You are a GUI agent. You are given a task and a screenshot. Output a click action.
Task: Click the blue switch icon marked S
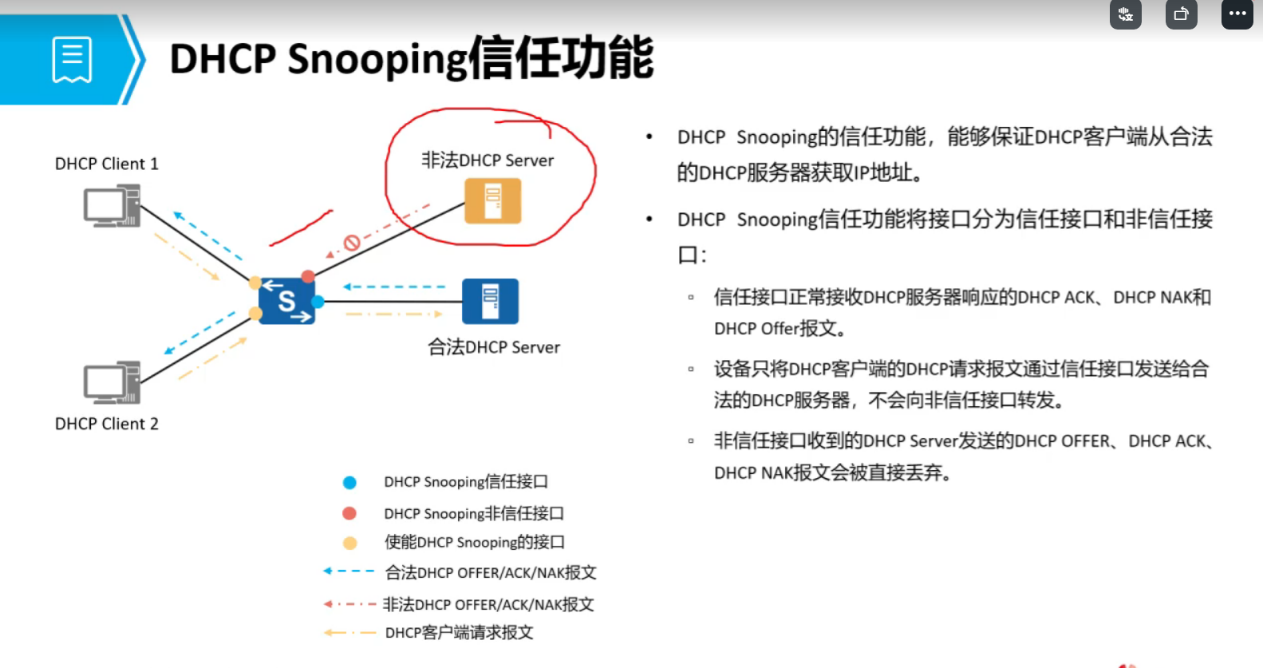point(286,301)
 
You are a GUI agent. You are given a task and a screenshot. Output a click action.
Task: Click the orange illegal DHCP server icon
point(493,201)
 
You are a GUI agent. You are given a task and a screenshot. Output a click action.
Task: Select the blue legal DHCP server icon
point(490,301)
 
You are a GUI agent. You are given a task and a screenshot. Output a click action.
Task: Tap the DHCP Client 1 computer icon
point(112,205)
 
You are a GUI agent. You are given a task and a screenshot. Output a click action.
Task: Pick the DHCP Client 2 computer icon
point(112,382)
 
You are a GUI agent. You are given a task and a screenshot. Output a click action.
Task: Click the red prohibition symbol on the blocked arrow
point(352,243)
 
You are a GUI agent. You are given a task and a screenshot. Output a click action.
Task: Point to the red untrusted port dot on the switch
point(308,276)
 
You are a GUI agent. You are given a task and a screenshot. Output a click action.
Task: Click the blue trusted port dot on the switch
point(318,302)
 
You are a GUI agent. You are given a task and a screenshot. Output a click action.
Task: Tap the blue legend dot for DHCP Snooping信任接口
point(349,482)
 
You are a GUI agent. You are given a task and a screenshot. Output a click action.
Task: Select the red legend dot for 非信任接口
point(349,513)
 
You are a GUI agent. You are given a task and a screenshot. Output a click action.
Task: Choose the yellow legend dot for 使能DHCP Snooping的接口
point(350,543)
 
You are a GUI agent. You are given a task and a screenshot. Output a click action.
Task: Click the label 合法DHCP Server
point(494,347)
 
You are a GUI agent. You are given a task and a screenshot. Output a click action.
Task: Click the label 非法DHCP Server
point(487,160)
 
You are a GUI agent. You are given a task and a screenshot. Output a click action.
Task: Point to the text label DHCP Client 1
point(107,164)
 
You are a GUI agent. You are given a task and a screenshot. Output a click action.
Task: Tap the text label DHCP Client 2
point(107,424)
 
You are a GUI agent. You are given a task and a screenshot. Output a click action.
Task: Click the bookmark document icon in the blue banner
point(72,60)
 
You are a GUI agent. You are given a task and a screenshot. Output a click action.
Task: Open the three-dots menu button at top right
point(1237,14)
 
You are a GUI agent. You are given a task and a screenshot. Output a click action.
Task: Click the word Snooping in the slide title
point(377,59)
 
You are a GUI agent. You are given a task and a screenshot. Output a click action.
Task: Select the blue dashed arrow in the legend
point(349,571)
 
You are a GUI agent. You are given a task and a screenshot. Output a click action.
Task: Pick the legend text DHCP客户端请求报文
point(459,632)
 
